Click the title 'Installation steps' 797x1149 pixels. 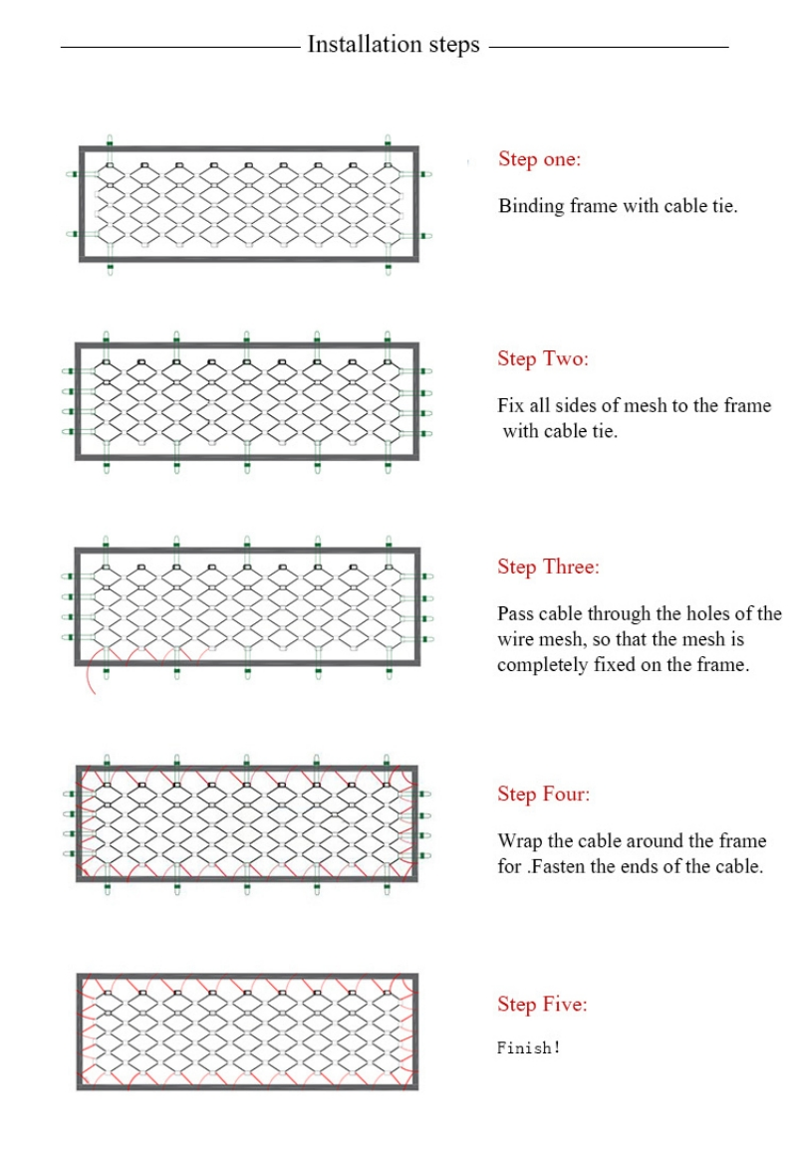[x=394, y=45]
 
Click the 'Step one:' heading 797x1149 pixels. [x=539, y=159]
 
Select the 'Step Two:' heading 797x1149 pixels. [x=543, y=359]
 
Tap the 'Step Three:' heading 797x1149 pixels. [x=548, y=568]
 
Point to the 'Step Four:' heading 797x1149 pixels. [x=543, y=795]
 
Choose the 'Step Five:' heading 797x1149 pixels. [x=542, y=1005]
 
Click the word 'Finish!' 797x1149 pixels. [x=529, y=1047]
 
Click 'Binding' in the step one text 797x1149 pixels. [x=531, y=207]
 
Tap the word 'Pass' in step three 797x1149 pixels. [x=516, y=614]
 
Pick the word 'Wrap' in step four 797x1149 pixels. [x=519, y=841]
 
